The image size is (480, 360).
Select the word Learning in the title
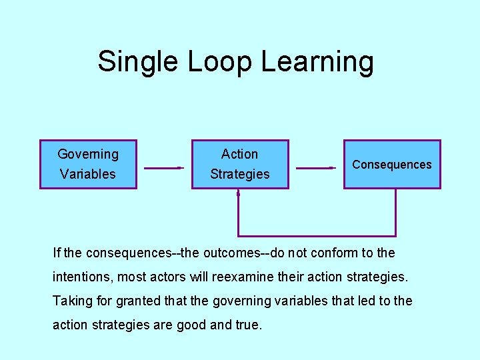pyautogui.click(x=317, y=62)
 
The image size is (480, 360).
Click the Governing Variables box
pyautogui.click(x=88, y=164)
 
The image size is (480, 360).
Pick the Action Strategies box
pyautogui.click(x=240, y=164)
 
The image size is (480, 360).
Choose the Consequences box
pyautogui.click(x=392, y=164)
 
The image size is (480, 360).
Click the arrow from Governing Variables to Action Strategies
pyautogui.click(x=163, y=168)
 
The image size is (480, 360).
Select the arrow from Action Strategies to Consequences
pyautogui.click(x=315, y=168)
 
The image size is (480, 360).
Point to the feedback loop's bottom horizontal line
pyautogui.click(x=317, y=236)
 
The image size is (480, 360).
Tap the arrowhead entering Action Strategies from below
pyautogui.click(x=239, y=193)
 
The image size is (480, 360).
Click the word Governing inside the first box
pyautogui.click(x=88, y=154)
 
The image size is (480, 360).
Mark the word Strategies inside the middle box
pyautogui.click(x=240, y=174)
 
